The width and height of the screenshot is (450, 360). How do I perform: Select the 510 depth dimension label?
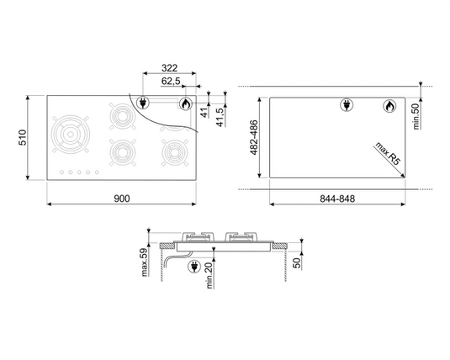click(x=26, y=137)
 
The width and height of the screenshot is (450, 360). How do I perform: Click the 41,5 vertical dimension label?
click(x=220, y=114)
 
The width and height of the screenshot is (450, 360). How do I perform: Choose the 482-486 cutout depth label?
click(x=249, y=138)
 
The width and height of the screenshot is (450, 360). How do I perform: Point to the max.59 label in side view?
click(x=144, y=262)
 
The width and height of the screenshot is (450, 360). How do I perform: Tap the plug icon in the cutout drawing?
click(x=347, y=106)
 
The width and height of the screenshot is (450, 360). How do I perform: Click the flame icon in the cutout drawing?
click(x=389, y=106)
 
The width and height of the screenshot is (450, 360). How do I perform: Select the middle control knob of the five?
click(x=81, y=174)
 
